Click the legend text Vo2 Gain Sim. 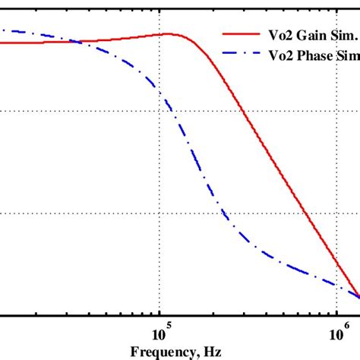[296, 34]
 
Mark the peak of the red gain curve [170, 33]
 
